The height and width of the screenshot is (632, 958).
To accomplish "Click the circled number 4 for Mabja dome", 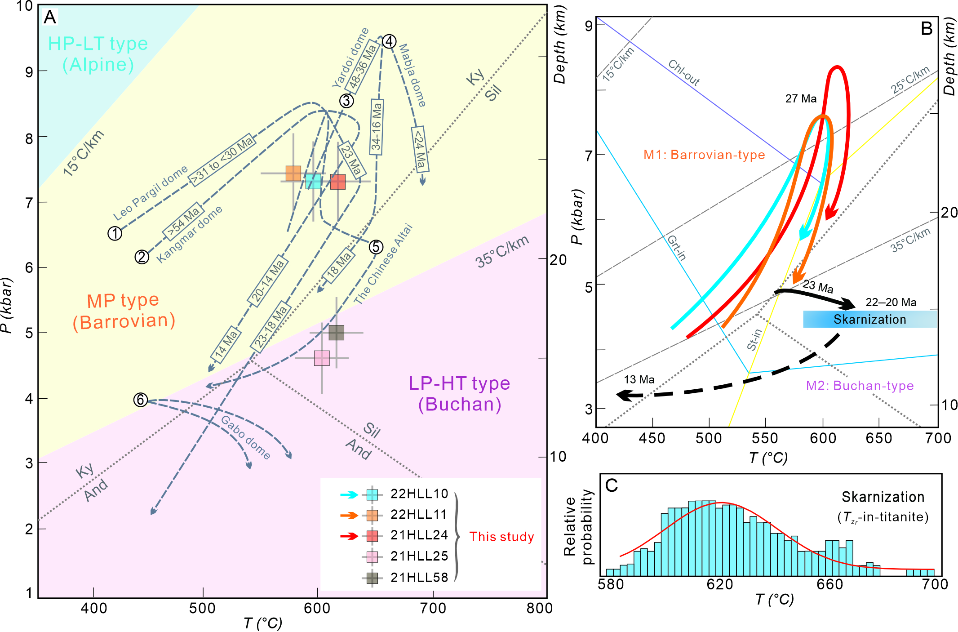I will [389, 42].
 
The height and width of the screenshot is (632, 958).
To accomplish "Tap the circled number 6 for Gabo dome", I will [141, 400].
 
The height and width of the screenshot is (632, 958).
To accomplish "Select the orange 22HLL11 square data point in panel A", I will [293, 174].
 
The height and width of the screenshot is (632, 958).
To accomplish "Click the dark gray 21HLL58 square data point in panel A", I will [336, 333].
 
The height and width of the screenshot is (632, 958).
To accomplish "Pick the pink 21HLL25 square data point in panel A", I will [322, 358].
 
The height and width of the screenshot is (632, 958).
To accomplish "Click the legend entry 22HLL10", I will [419, 494].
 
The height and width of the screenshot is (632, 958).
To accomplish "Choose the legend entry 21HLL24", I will [419, 535].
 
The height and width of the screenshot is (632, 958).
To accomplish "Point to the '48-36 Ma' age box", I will [363, 67].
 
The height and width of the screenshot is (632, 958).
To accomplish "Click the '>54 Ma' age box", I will [183, 223].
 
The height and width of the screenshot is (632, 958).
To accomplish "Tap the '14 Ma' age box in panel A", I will [227, 345].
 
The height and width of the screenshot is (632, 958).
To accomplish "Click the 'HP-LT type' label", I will [98, 44].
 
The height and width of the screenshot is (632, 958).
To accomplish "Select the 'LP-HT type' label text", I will [459, 383].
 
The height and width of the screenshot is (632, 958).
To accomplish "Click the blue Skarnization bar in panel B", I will [869, 319].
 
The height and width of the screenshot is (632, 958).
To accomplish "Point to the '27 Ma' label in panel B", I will [801, 98].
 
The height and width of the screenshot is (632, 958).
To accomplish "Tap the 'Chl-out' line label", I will [684, 72].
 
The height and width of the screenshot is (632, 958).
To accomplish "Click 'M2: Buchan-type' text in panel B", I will [860, 386].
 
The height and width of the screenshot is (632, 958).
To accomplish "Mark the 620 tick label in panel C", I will [720, 584].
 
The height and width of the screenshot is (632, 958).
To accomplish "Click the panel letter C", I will [612, 485].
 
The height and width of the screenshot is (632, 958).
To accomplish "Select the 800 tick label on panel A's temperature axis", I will [539, 608].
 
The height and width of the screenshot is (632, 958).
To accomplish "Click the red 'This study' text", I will [501, 537].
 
